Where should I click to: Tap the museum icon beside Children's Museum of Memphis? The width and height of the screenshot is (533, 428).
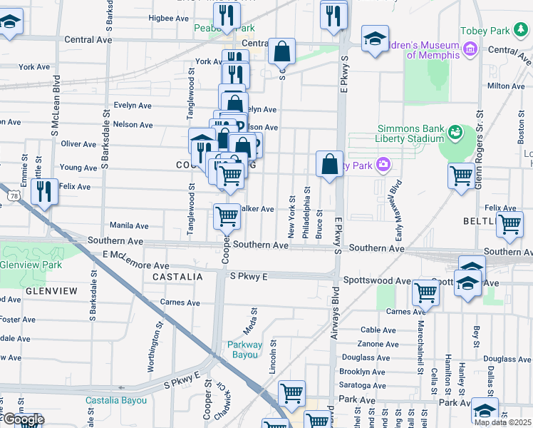coord(470,49)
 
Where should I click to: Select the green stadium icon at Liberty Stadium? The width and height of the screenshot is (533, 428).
coord(455,133)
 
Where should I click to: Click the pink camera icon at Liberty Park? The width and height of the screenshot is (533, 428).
coord(384,165)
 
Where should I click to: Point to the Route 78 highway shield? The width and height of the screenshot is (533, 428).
coord(11,195)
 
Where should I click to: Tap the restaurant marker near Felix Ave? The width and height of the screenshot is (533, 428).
coord(44,191)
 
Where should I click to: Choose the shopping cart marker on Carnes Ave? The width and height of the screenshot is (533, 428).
coord(425,292)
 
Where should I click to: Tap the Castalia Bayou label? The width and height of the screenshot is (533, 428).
coord(116,400)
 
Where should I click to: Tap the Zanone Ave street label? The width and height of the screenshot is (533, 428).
coord(378,343)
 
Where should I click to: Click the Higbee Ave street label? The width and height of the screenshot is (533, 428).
coord(167,18)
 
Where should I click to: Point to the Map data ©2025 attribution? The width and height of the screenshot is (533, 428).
coord(502,422)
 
